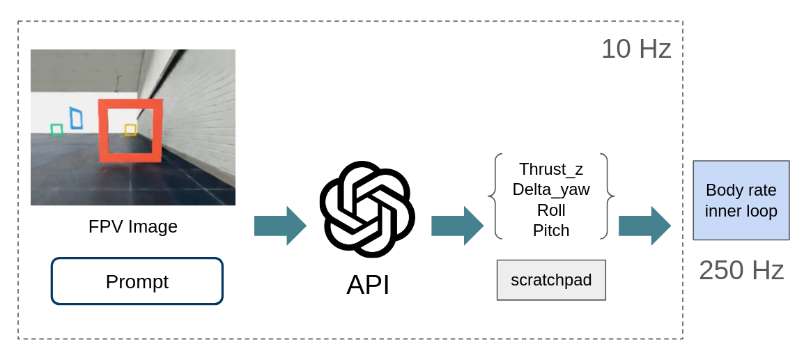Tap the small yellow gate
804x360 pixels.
[130, 125]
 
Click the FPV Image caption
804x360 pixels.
[133, 226]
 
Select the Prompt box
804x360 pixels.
[137, 281]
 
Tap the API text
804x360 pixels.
[368, 285]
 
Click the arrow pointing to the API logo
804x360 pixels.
[280, 226]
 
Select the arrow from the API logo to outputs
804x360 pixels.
[457, 226]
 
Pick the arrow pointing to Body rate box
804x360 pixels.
[644, 226]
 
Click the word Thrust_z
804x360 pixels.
[551, 169]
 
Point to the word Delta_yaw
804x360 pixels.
[551, 189]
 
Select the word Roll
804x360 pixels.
[551, 210]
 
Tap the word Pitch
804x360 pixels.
[551, 230]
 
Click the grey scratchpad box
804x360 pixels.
[551, 280]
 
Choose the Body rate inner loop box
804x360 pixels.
[741, 200]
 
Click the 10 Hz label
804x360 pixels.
[636, 49]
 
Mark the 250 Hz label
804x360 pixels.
[741, 270]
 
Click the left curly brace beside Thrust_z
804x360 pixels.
[492, 196]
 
